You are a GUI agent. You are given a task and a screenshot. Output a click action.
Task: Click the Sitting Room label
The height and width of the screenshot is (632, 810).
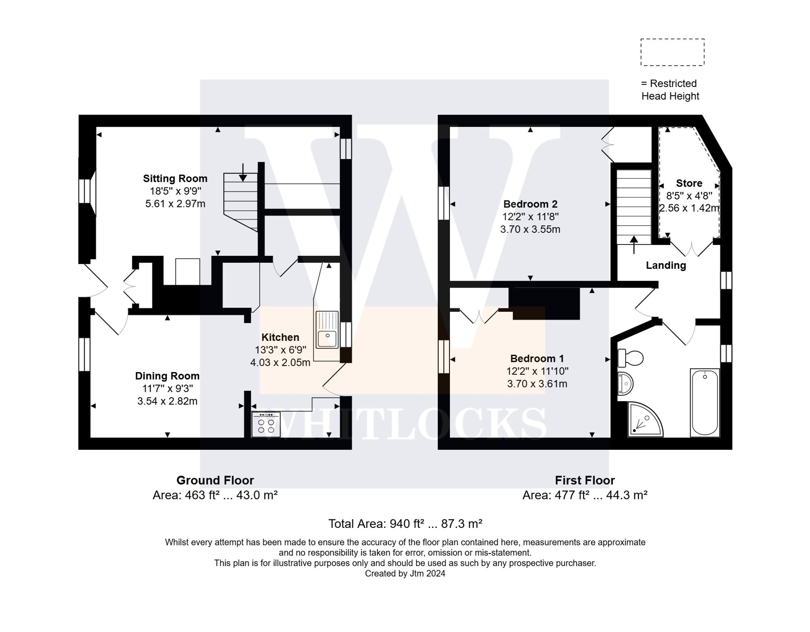175,179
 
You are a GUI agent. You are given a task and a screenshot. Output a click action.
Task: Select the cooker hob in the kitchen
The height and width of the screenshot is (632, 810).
266,424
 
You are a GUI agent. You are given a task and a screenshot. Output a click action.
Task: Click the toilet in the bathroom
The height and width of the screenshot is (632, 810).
631,358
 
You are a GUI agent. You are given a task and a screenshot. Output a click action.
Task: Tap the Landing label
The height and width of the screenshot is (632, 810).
666,265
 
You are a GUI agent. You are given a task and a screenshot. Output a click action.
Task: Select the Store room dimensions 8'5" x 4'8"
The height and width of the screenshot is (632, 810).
689,196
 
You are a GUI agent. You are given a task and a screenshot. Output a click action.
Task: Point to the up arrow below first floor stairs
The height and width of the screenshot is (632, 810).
634,245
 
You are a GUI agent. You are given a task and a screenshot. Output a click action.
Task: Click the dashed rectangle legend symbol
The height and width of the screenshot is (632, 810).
672,52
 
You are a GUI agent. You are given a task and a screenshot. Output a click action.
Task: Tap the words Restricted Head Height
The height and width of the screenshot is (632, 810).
670,90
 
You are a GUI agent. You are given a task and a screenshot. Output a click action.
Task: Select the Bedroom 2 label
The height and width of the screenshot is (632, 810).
530,204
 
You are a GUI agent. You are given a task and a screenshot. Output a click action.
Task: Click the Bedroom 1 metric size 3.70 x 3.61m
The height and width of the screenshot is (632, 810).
537,384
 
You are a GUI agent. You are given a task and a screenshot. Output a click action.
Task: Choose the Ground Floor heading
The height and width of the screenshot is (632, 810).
215,481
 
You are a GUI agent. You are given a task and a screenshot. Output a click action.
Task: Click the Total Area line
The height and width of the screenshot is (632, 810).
405,524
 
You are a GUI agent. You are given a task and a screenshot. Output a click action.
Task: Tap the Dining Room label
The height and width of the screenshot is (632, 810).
167,376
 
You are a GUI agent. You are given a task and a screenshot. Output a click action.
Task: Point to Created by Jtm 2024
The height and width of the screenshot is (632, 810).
405,574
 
